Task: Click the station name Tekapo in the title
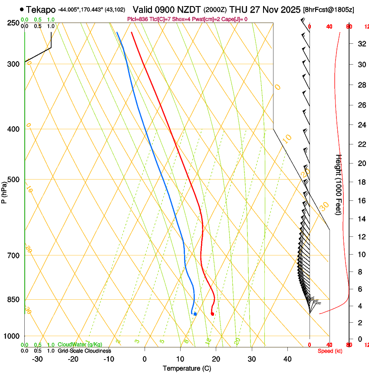point(41,10)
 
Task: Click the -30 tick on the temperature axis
point(37,359)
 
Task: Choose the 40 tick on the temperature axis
point(287,359)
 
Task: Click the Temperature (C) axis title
point(187,368)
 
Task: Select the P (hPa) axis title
point(4,191)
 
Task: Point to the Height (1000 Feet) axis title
point(339,185)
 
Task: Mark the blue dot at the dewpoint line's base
point(195,314)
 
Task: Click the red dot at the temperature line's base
point(212,314)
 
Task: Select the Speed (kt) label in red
point(330,351)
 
